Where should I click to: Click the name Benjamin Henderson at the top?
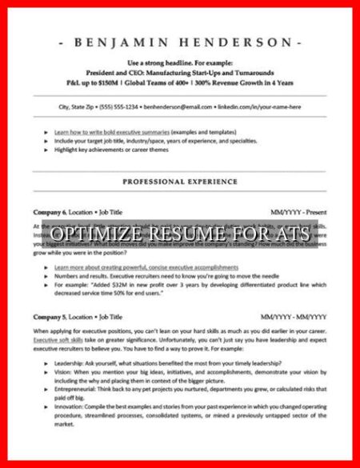tap(179, 42)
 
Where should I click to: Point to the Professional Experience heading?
tap(179, 182)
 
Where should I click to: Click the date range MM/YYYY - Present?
tap(298, 212)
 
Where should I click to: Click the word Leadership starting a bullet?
tap(70, 362)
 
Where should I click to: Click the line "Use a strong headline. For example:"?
tap(179, 62)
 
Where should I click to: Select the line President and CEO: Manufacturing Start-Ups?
tap(179, 72)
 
